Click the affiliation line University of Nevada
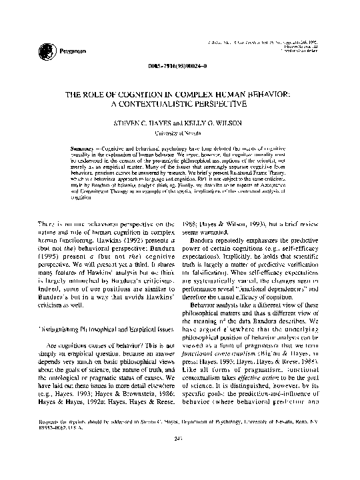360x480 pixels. [179, 133]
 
